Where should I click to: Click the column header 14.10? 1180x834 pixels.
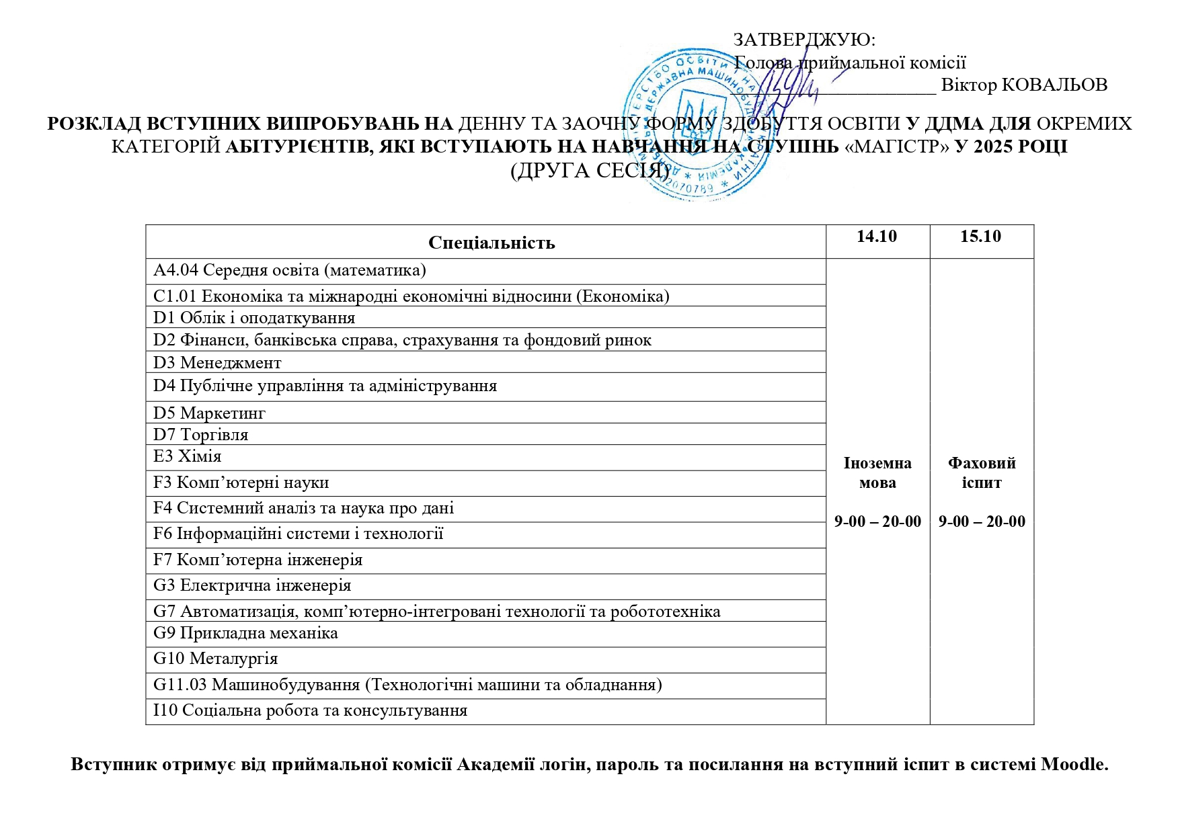(x=877, y=237)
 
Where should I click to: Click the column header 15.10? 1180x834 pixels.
(x=980, y=237)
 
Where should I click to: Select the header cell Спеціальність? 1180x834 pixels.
(x=491, y=243)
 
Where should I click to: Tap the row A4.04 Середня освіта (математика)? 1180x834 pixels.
(x=290, y=270)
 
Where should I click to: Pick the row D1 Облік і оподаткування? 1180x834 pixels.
(x=254, y=318)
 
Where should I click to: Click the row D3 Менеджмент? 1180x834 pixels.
(x=217, y=363)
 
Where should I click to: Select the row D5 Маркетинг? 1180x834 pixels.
(x=209, y=413)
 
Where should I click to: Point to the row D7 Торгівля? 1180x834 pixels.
(x=201, y=435)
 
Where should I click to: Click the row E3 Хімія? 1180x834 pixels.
(x=187, y=456)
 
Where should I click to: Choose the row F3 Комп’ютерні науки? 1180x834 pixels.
(x=241, y=483)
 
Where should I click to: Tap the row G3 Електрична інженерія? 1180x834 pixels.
(x=252, y=585)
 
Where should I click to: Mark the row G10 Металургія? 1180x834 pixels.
(x=215, y=659)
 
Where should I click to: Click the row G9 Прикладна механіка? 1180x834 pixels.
(x=245, y=633)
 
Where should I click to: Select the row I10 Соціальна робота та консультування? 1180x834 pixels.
(x=310, y=710)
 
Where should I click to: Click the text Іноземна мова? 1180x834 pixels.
(x=877, y=472)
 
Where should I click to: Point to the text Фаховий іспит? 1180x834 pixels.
(x=982, y=472)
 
